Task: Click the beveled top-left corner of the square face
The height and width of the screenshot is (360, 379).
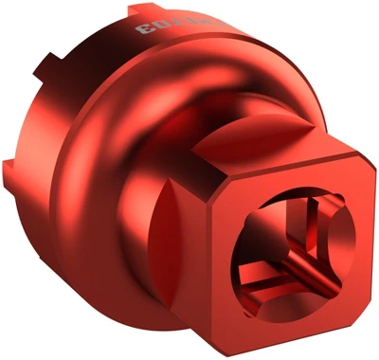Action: (227, 189)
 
